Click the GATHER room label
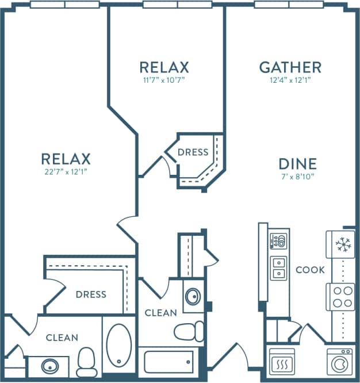click(x=290, y=67)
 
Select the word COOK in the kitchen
click(x=310, y=270)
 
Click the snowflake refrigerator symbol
click(x=343, y=245)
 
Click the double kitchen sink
click(x=278, y=267)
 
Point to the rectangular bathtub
click(x=168, y=362)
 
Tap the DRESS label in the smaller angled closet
click(x=193, y=152)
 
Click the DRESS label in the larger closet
click(x=91, y=294)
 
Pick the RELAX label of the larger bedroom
click(x=66, y=158)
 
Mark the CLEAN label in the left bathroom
click(x=62, y=338)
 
